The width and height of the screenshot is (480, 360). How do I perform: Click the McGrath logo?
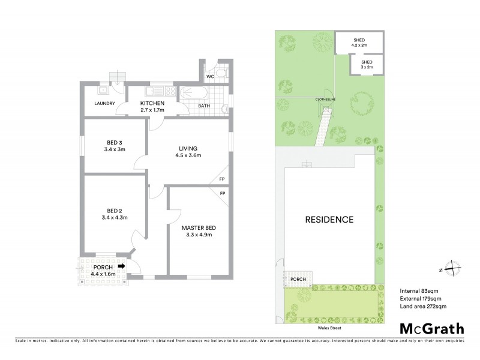click(431, 328)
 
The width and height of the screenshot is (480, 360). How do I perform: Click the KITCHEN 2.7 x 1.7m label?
click(152, 107)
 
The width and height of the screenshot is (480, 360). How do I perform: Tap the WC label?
click(211, 77)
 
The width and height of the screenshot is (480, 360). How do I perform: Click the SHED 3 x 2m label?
click(367, 65)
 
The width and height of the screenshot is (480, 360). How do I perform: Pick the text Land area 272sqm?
click(423, 307)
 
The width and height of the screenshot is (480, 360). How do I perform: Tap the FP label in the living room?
click(221, 179)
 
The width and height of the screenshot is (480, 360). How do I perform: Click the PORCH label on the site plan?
click(298, 279)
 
